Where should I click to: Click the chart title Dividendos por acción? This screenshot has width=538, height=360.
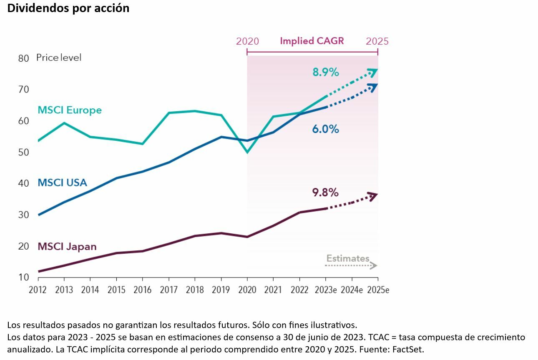coord(68,8)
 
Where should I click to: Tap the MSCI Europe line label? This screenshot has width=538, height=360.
coord(70,110)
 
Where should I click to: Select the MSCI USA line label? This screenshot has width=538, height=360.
coord(62,182)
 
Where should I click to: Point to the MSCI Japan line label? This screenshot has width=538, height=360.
coord(67,246)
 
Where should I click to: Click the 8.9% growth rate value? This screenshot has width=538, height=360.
coord(326,72)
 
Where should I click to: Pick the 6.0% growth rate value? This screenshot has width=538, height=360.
coord(325,129)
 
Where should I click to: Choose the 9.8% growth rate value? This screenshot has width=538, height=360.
coord(325,192)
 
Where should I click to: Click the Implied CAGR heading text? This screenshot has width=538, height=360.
coord(312,41)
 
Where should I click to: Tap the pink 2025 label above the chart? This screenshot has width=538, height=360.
coord(377,41)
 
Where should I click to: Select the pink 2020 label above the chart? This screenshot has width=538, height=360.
coord(247,41)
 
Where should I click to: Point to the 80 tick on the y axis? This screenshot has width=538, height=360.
coord(24,58)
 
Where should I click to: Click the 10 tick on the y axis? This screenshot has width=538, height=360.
coord(24,277)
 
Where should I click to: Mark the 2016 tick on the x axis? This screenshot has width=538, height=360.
coord(142,290)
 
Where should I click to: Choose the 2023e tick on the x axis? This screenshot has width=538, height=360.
coord(326,290)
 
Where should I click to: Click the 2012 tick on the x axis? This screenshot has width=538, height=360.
coord(38,290)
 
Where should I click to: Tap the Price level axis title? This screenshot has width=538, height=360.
coord(59,57)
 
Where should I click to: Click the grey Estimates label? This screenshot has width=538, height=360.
coord(348,258)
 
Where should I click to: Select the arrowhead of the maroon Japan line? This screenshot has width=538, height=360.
coord(374,195)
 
